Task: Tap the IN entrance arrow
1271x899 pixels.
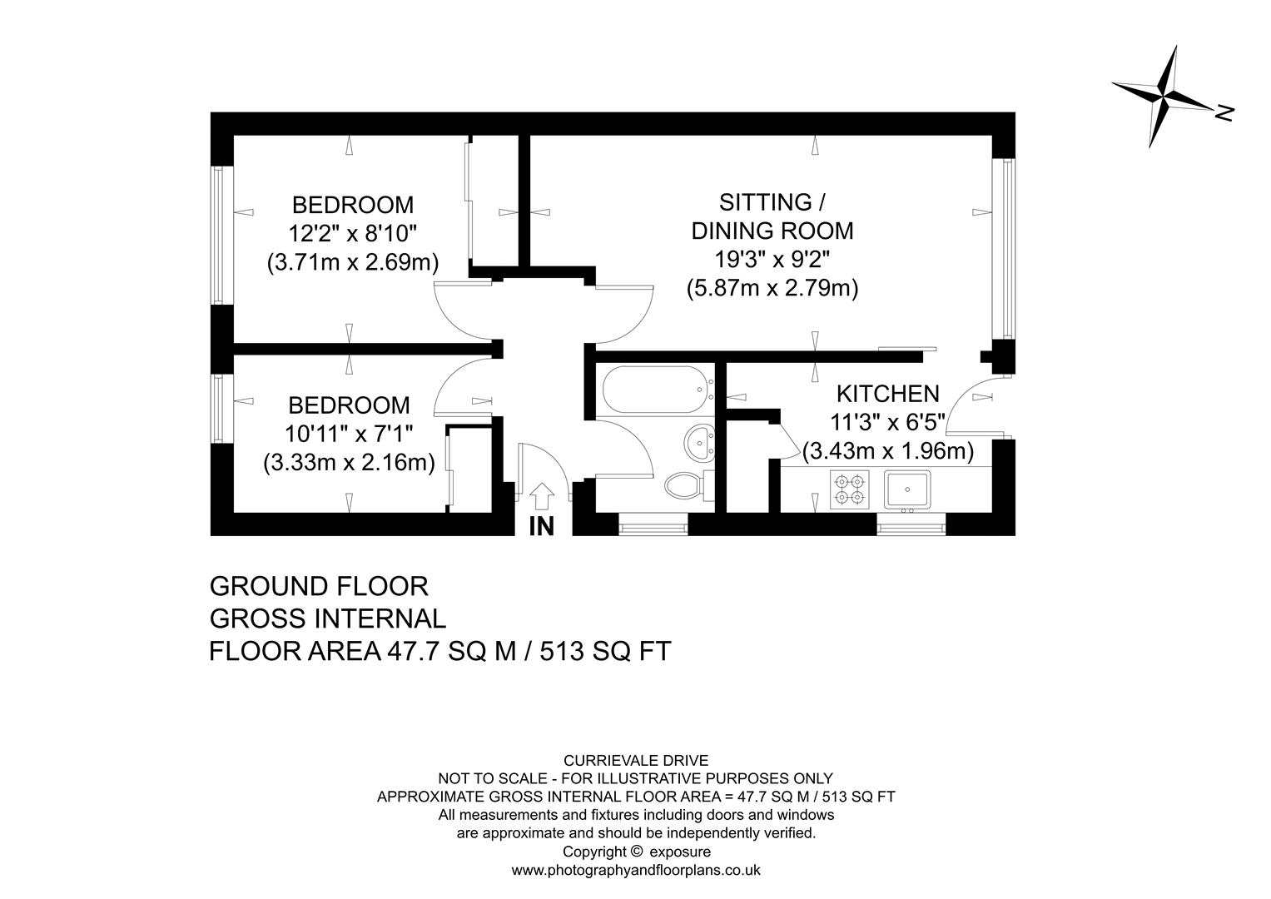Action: tap(542, 496)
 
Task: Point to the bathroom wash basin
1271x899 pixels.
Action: tap(698, 441)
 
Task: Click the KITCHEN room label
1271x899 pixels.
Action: tap(887, 393)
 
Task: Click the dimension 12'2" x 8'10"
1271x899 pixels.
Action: tap(352, 233)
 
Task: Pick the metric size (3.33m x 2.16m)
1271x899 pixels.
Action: tap(349, 463)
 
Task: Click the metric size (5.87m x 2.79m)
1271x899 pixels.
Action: tap(772, 288)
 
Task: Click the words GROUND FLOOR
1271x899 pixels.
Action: tap(319, 586)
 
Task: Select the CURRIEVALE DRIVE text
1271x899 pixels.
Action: tap(636, 760)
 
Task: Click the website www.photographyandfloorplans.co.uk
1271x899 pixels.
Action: tap(636, 871)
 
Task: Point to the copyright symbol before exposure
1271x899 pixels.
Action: tap(637, 852)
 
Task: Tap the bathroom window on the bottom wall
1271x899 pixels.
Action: tap(653, 524)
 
